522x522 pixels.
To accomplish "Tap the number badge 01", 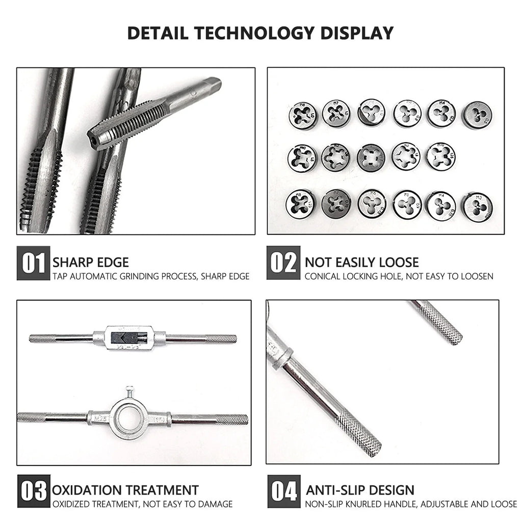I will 34,263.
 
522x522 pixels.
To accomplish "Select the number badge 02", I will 283,263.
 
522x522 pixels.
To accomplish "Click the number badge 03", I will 34,491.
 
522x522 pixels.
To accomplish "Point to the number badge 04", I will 283,491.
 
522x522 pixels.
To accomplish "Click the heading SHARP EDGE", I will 91,263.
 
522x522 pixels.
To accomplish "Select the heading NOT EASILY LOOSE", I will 361,263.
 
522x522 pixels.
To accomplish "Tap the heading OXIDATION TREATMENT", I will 125,490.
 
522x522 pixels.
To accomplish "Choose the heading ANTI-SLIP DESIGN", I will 360,490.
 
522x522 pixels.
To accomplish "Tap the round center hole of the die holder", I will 129,419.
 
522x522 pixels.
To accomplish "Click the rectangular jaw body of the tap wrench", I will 129,337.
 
